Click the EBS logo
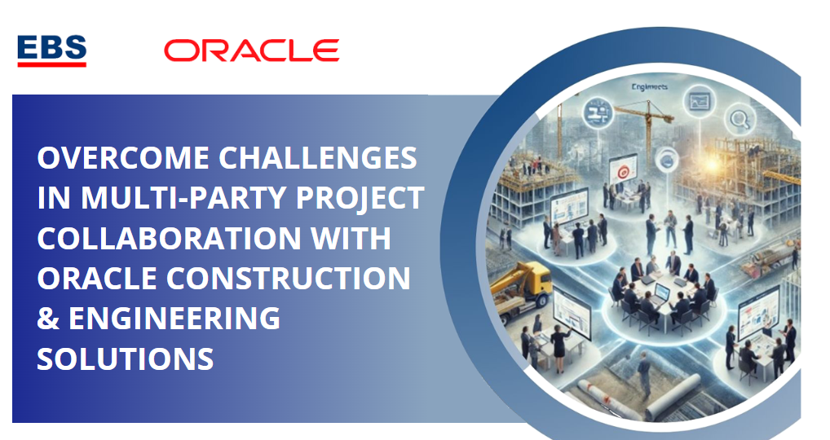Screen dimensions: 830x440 (52, 51)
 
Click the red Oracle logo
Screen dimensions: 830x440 (251, 51)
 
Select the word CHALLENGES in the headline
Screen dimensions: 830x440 (318, 158)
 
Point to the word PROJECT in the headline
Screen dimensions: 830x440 (360, 198)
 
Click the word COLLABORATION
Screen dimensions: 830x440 (169, 238)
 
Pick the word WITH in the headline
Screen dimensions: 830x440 (351, 238)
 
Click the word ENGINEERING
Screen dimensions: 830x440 (174, 319)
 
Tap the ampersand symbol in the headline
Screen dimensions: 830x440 (47, 319)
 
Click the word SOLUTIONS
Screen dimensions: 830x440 (126, 359)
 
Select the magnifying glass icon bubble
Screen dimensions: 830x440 (739, 120)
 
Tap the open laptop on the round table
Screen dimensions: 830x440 (661, 292)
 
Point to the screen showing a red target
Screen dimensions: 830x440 (623, 169)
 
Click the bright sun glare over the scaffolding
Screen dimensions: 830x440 (712, 164)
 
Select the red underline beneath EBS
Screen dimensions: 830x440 (52, 64)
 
